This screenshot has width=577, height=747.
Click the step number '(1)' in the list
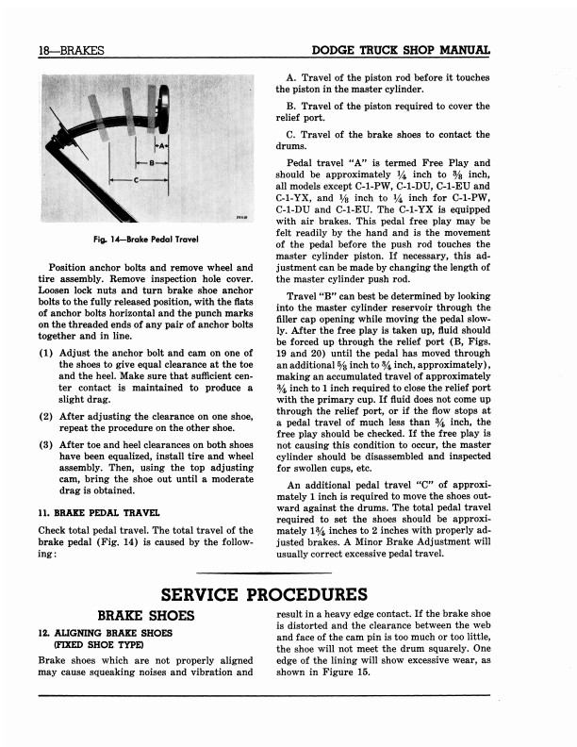click(46, 353)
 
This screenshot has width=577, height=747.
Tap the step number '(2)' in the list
click(46, 415)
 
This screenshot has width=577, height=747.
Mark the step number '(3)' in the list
click(46, 444)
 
